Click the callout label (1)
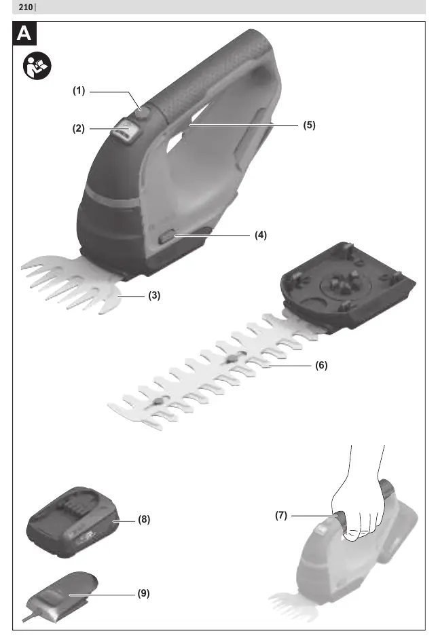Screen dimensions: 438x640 [79, 91]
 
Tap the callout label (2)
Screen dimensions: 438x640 [79, 128]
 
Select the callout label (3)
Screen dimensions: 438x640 [154, 295]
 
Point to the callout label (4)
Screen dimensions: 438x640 [261, 235]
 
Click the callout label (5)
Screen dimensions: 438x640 [309, 126]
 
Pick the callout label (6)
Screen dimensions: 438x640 [322, 365]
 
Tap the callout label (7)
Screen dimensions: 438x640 [281, 516]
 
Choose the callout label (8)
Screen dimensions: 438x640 [144, 520]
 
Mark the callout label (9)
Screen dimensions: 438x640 [143, 593]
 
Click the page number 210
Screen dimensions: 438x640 [26, 7]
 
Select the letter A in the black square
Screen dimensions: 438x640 [24, 33]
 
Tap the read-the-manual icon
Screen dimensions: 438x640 [37, 66]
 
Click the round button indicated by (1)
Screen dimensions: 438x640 [143, 113]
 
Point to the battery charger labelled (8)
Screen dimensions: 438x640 [73, 522]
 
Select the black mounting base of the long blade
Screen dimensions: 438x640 [347, 285]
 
